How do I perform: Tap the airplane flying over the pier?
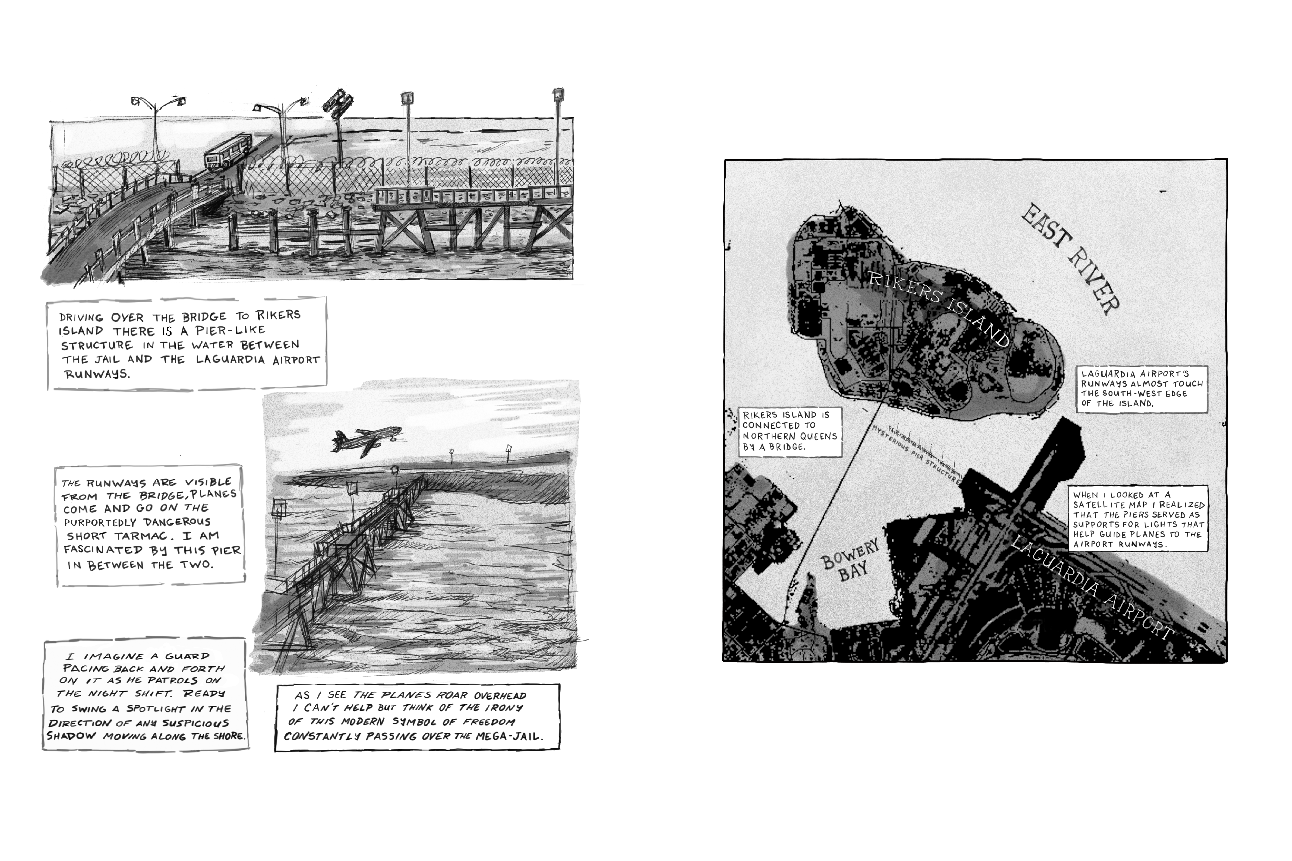366,440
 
